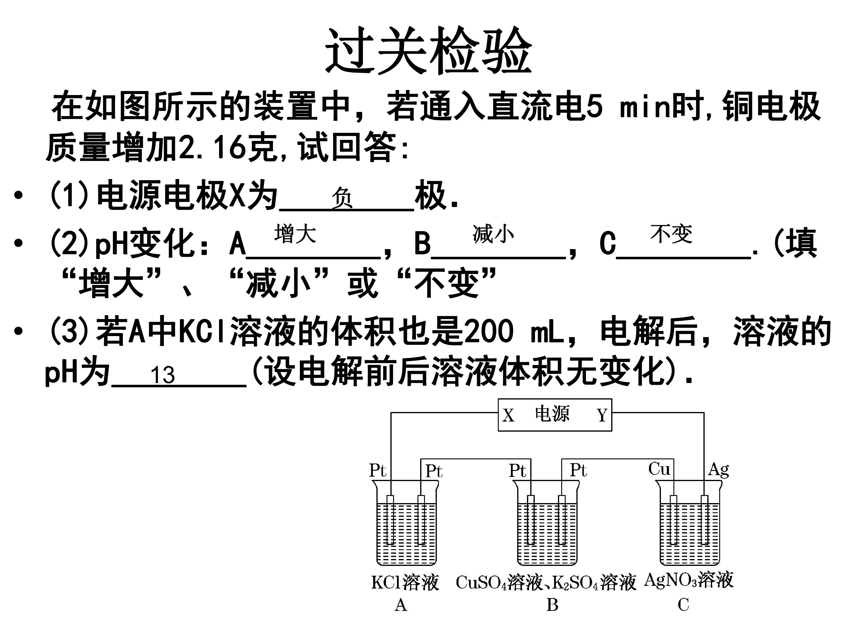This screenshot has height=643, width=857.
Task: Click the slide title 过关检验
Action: [428, 50]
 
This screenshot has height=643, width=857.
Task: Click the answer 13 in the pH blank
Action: [163, 375]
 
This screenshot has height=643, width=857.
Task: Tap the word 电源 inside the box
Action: [552, 414]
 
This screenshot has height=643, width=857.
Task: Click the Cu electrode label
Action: [659, 469]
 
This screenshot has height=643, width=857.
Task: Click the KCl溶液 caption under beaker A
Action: [405, 583]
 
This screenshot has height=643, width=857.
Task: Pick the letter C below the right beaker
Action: [684, 605]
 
